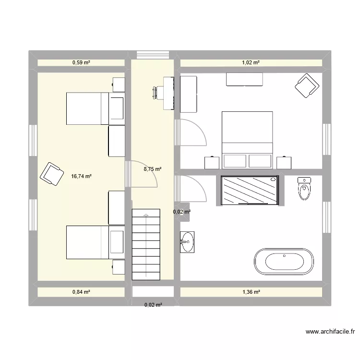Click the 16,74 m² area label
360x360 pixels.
point(81,176)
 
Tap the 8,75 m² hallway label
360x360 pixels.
point(153,169)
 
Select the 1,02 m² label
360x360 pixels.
point(250,62)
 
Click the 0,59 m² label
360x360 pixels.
point(81,62)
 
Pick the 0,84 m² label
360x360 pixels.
point(81,291)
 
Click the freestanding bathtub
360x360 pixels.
point(284,262)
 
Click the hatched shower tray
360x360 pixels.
point(250,190)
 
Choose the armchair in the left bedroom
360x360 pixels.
point(51,174)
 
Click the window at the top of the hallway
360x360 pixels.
point(153,54)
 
